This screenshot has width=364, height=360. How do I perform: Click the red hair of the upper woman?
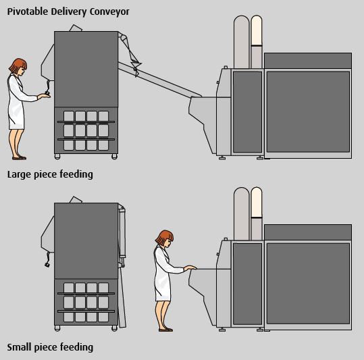pos(18,65)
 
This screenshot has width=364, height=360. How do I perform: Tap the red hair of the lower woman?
pos(164,237)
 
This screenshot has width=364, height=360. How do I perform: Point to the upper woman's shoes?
pos(19,158)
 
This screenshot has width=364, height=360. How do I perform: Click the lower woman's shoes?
pos(165,330)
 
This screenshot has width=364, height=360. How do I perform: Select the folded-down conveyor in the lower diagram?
pos(122,267)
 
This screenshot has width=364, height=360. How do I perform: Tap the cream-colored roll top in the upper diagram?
pos(257,30)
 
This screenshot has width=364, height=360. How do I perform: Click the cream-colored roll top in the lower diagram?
pos(257,203)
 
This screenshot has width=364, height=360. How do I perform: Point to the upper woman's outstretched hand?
pos(44,95)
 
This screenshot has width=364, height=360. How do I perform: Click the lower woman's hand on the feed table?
pos(190,268)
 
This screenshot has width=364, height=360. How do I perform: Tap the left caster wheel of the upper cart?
pos(57,157)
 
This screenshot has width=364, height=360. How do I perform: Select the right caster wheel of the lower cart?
pos(114,328)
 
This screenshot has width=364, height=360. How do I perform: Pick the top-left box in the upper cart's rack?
pos(69,116)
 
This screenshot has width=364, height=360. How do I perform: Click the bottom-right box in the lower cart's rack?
pos(103,317)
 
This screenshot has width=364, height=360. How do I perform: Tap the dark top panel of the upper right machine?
pos(308,60)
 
